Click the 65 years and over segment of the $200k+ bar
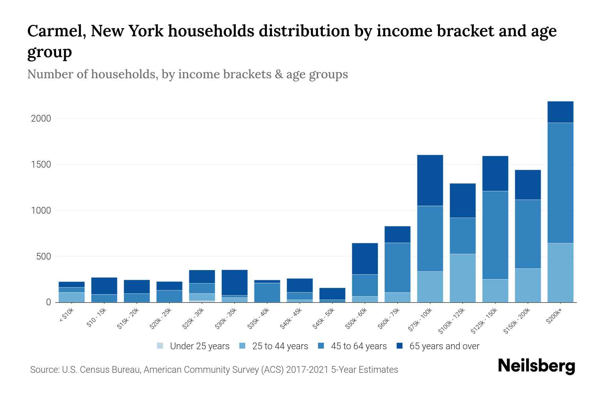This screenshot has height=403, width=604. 560,112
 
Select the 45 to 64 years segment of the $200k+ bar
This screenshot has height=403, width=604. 560,183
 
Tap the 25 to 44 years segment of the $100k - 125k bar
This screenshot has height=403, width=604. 462,278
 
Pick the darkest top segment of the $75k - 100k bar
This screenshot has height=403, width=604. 430,180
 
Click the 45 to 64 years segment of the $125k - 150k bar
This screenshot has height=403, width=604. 495,235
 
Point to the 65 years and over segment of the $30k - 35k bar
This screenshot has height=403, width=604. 235,282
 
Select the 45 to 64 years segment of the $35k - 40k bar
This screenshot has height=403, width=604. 267,292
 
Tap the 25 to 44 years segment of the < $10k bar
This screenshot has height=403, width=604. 71,297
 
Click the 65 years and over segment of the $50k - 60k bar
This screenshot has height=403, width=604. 365,259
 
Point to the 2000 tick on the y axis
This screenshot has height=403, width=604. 41,119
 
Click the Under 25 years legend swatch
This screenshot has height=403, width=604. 160,346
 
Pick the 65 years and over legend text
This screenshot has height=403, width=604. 444,346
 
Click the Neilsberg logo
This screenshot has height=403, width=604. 536,366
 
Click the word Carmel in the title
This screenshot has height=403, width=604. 55,31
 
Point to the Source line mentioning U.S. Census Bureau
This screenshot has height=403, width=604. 214,370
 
